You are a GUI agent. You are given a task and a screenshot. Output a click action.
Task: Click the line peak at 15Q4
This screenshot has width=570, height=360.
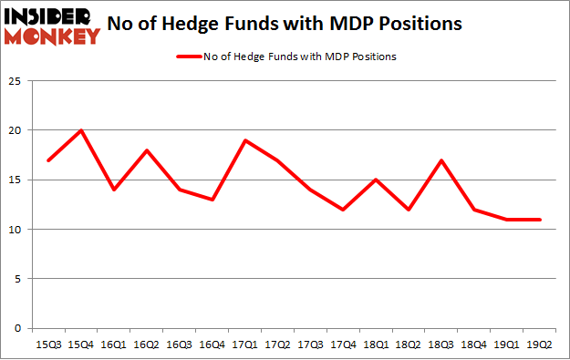82,130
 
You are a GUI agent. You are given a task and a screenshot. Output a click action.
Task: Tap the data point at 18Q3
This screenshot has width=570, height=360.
442,160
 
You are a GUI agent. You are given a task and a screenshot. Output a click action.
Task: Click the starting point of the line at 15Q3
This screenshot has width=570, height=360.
49,160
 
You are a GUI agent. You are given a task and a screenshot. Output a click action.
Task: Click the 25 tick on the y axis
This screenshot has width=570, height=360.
16,81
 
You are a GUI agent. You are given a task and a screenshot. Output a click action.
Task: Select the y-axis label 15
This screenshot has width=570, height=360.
16,180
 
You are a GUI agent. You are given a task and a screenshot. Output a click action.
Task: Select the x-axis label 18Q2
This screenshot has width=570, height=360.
409,344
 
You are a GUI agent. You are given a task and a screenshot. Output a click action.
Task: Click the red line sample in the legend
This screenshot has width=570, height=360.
189,57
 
